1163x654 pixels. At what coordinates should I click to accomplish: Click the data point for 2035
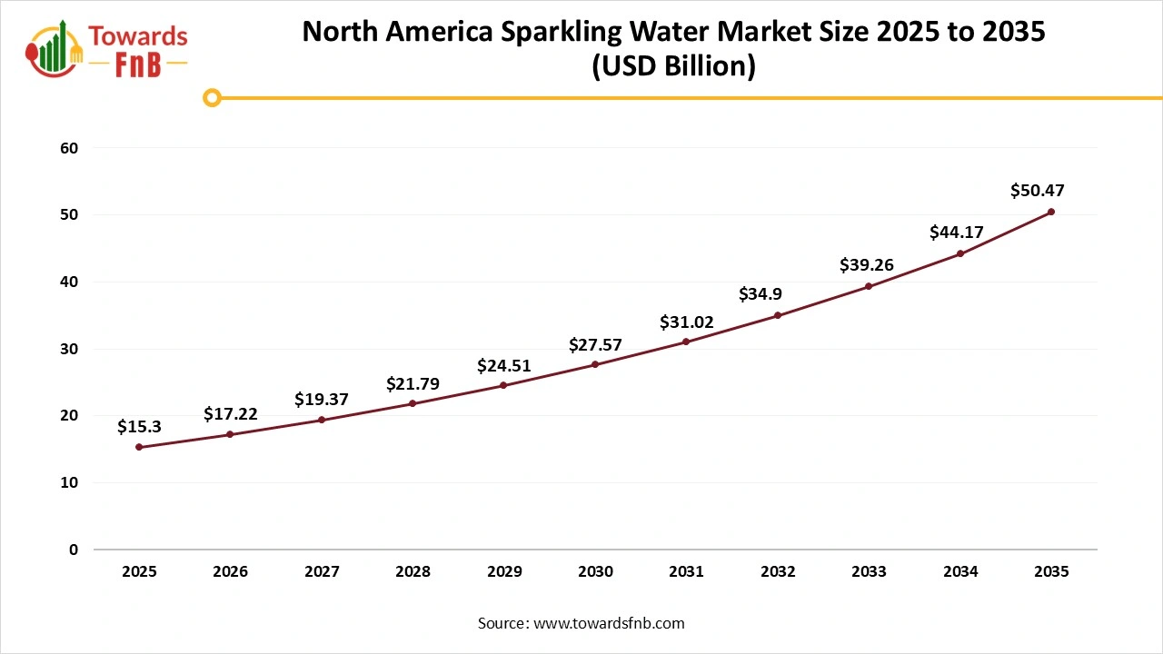[1051, 212]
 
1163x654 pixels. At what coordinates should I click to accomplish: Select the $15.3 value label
[139, 426]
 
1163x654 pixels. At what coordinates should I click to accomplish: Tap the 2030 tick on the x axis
[595, 572]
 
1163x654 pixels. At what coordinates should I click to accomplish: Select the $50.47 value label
[1037, 191]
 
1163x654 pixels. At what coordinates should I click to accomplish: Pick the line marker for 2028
[413, 403]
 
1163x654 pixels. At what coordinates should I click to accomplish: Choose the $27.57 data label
[595, 344]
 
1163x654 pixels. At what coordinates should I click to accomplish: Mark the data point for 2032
[778, 315]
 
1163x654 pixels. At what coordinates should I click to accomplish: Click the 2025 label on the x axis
[139, 572]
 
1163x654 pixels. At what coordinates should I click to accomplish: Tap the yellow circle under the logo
[212, 97]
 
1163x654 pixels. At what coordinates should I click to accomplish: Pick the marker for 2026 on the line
[230, 434]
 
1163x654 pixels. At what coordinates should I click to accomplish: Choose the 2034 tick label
[960, 572]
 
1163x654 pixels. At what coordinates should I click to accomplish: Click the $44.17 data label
[957, 233]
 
